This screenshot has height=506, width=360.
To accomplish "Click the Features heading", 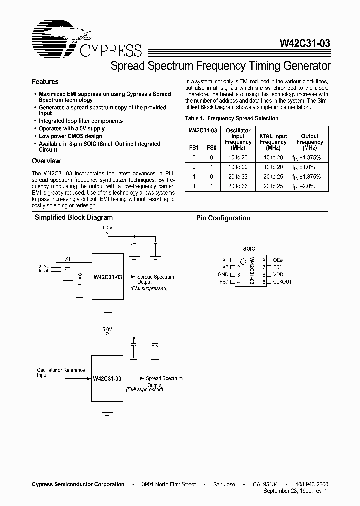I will (x=45, y=82).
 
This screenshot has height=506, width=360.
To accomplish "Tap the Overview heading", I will (x=46, y=161).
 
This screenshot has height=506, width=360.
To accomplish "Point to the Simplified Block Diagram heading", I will (x=73, y=218).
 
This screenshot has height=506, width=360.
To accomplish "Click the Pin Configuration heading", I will (x=223, y=218).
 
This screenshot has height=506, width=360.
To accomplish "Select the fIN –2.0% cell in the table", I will (x=310, y=186).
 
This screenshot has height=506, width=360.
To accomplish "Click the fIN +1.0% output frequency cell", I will (x=310, y=167).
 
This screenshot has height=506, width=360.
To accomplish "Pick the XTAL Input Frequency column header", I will (x=273, y=142).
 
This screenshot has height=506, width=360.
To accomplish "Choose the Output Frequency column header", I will (x=310, y=142).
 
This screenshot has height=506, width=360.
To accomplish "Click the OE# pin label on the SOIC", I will (x=279, y=260).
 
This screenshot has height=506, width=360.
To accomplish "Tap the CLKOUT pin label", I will (x=282, y=282).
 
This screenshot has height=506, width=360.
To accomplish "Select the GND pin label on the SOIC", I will (x=223, y=274).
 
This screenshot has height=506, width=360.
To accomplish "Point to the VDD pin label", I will (x=278, y=274).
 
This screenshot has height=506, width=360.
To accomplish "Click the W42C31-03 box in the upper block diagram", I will (x=107, y=277).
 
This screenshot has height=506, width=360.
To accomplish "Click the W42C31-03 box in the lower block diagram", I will (x=107, y=379).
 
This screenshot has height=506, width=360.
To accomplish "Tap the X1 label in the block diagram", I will (x=68, y=259).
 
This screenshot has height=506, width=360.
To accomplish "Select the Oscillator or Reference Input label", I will (x=61, y=373).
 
